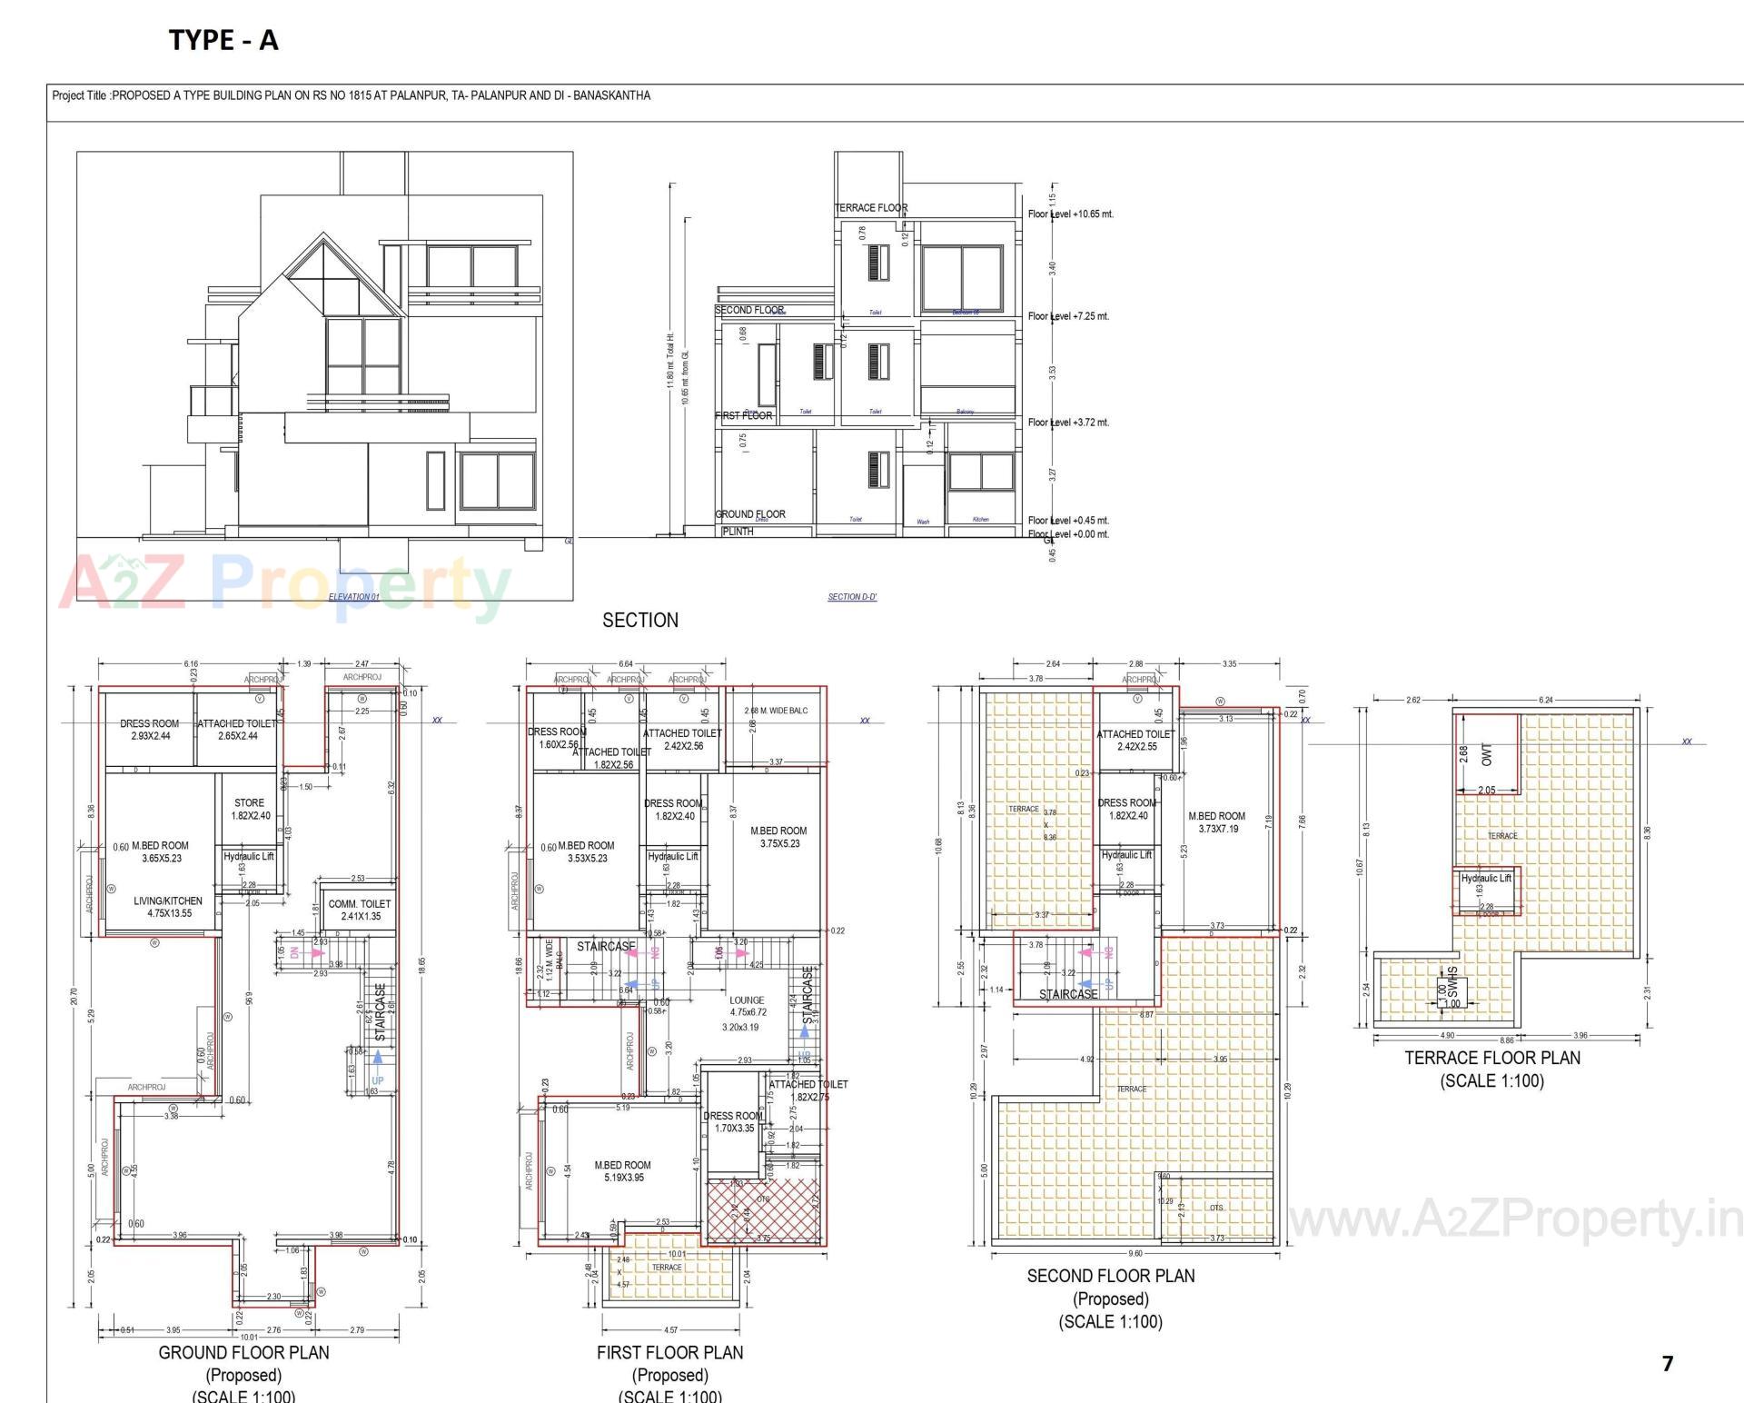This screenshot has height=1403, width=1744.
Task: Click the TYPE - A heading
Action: click(223, 40)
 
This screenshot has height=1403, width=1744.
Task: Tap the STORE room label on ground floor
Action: click(250, 803)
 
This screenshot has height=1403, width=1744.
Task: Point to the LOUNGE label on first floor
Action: click(747, 1000)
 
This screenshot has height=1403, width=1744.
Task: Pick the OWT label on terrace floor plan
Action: click(1486, 754)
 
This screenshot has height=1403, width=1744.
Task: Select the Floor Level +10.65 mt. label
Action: click(1070, 214)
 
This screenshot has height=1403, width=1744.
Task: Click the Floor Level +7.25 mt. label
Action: click(1068, 316)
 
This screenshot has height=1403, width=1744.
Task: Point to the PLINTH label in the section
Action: click(738, 532)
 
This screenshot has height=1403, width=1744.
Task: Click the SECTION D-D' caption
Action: click(852, 597)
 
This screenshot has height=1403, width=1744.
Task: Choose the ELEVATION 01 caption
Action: click(353, 597)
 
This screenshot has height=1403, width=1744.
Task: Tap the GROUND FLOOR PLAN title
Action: click(243, 1352)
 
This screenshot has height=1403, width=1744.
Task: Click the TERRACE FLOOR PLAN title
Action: click(1491, 1058)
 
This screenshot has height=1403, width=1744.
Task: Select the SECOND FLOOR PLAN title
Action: click(1110, 1276)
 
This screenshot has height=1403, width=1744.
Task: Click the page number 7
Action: click(1667, 1363)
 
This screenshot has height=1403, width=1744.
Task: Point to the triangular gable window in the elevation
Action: click(324, 273)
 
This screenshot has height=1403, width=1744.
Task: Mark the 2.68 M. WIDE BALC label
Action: click(775, 711)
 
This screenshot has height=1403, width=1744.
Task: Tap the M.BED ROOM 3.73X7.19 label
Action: click(1216, 822)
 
